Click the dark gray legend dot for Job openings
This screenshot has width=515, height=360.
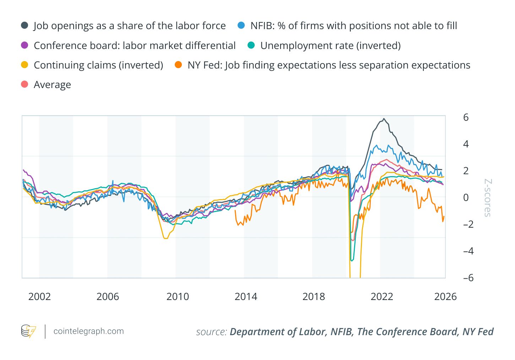click(25, 26)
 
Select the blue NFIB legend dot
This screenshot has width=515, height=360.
click(241, 26)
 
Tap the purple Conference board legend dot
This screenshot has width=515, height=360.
click(25, 45)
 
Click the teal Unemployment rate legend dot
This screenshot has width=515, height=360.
click(251, 45)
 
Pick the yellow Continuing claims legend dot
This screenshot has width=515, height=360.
click(25, 65)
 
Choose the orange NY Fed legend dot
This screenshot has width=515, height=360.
click(178, 65)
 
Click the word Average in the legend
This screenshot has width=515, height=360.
click(52, 85)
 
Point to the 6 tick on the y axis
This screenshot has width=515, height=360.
click(466, 118)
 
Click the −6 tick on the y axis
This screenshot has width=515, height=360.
click(468, 278)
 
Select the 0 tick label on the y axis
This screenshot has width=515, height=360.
click(466, 197)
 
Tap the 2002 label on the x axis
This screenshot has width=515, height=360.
click(39, 297)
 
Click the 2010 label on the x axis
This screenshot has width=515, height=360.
click(178, 297)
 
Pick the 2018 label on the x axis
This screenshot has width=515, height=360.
click(314, 297)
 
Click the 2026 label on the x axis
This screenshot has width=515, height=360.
click(445, 297)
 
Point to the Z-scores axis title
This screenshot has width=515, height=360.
click(488, 198)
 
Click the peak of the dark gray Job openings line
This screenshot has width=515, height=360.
click(384, 119)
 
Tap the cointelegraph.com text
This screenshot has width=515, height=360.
click(88, 331)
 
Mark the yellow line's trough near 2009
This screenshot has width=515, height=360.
click(165, 238)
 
